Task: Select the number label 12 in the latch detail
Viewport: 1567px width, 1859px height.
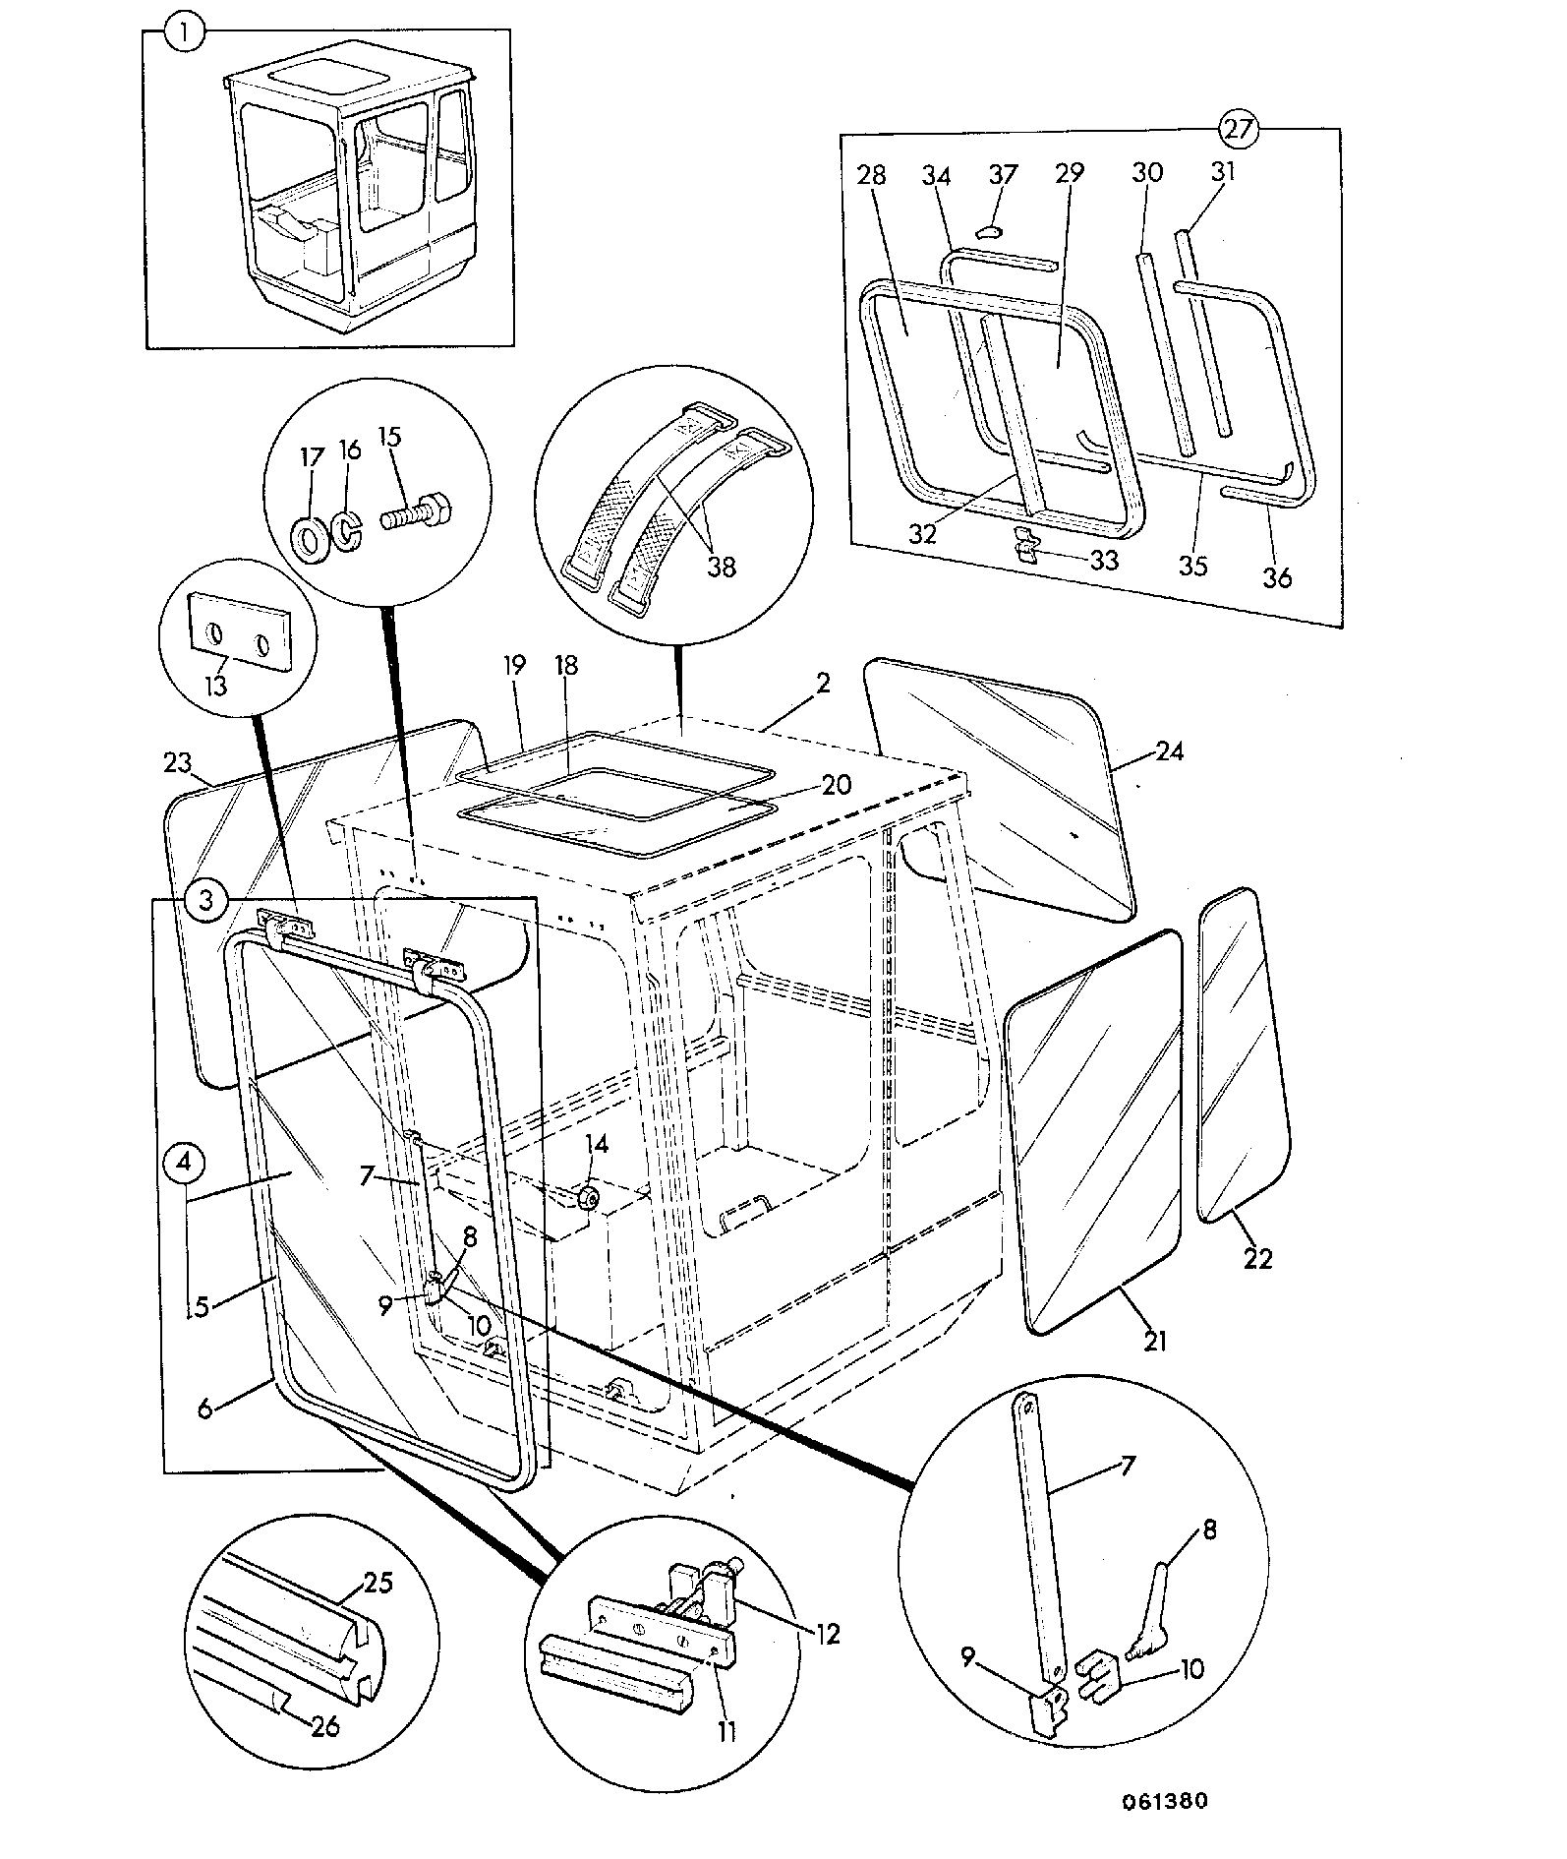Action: [x=828, y=1634]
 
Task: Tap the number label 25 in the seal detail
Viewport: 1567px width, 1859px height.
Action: [x=378, y=1583]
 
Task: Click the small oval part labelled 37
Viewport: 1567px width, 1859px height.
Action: [x=989, y=231]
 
